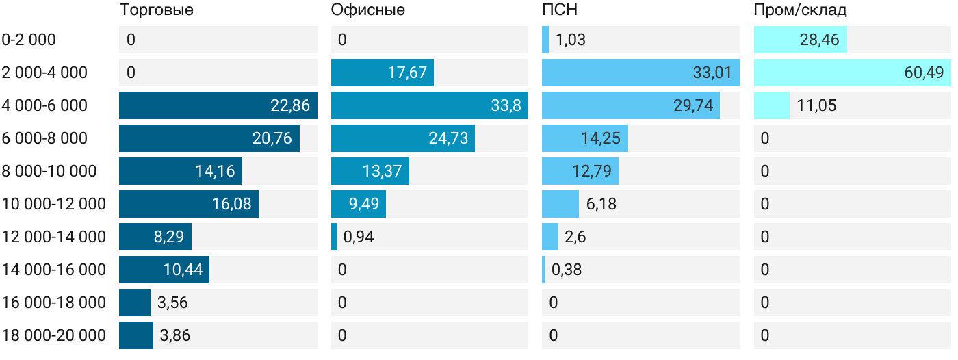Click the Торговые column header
pyautogui.click(x=156, y=10)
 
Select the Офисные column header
pyautogui.click(x=367, y=10)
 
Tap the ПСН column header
pyautogui.click(x=554, y=10)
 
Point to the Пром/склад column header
pyautogui.click(x=801, y=10)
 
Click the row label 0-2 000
pyautogui.click(x=29, y=40)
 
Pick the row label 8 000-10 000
pyautogui.click(x=49, y=171)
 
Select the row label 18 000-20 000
pyautogui.click(x=54, y=335)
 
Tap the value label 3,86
pyautogui.click(x=175, y=335)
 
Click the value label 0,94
pyautogui.click(x=359, y=237)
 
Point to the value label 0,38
pyautogui.click(x=567, y=270)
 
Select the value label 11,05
pyautogui.click(x=816, y=105)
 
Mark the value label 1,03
pyautogui.click(x=571, y=40)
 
